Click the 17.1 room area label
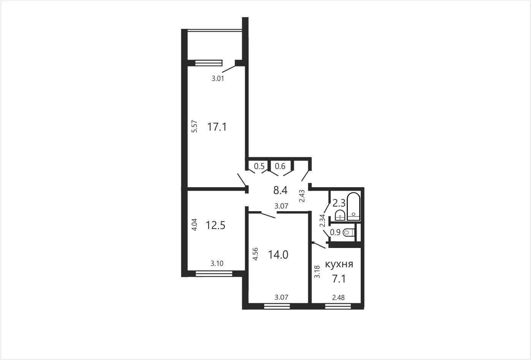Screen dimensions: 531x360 pos(217,127)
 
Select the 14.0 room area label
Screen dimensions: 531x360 pos(278,255)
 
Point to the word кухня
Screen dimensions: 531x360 pos(339,264)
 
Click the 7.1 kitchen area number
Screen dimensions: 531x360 pos(339,279)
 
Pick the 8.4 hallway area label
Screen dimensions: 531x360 pos(280,190)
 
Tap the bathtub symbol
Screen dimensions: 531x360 pos(353,207)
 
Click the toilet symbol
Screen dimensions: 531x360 pos(349,232)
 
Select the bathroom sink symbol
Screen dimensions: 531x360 pos(341,215)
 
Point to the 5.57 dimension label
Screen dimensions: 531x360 pos(194,126)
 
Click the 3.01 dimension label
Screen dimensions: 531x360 pos(218,79)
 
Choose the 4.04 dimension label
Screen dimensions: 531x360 pos(194,224)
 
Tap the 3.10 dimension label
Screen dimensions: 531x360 pos(217,264)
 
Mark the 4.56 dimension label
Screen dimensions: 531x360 pos(255,254)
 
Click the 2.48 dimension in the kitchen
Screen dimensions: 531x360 pos(338,297)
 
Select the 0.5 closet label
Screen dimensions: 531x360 pos(259,166)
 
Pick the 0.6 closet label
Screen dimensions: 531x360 pos(280,166)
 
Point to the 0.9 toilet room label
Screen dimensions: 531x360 pos(335,232)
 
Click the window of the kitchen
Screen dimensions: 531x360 pos(338,306)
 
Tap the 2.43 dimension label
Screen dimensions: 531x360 pos(302,196)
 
